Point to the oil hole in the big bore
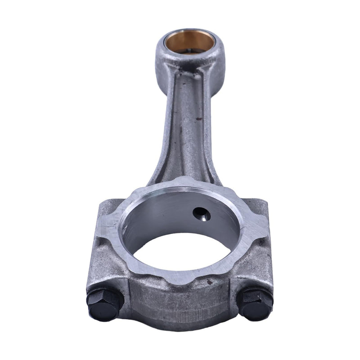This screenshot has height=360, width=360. click(x=201, y=213)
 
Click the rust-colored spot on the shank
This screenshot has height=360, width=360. click(x=198, y=119)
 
